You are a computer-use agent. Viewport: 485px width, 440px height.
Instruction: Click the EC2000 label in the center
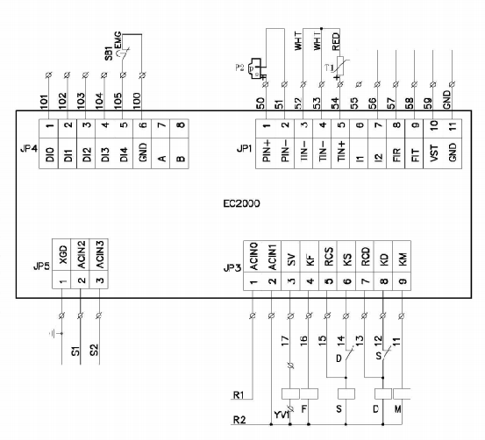pyautogui.click(x=245, y=202)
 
